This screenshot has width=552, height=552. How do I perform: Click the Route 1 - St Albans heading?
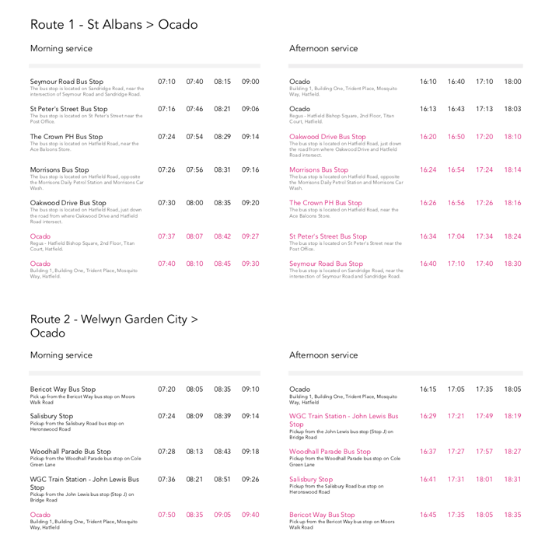(x=114, y=24)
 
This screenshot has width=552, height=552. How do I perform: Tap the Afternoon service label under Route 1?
(x=323, y=48)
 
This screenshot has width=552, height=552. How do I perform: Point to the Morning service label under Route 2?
(x=61, y=355)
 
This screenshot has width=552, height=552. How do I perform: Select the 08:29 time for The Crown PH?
(x=222, y=136)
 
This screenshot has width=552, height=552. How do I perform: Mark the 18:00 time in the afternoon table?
(x=512, y=82)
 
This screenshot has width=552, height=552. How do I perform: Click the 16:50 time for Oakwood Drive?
(x=456, y=136)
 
